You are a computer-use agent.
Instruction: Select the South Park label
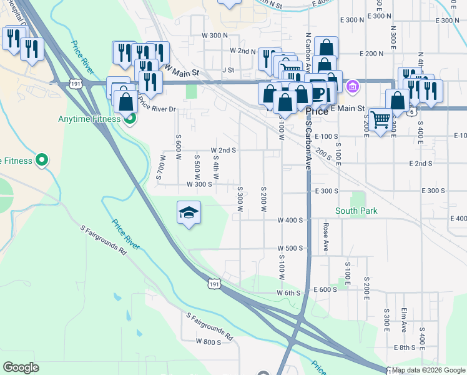(x=356, y=211)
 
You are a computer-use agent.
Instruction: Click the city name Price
(x=318, y=112)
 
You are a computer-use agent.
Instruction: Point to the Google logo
(x=21, y=367)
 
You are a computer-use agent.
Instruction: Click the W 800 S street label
(x=209, y=342)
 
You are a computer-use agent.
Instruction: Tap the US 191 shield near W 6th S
(x=214, y=284)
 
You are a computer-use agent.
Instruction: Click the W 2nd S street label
(x=223, y=151)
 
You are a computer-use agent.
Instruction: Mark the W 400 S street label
(x=290, y=220)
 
